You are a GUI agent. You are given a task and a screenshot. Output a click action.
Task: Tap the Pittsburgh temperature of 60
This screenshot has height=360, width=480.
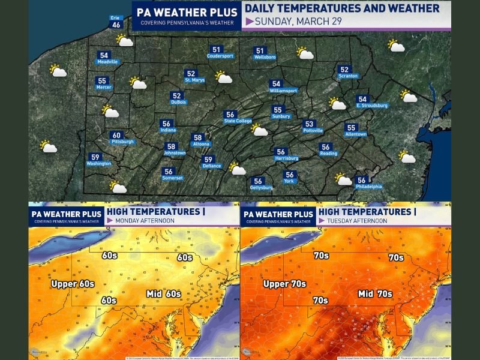click(x=116, y=136)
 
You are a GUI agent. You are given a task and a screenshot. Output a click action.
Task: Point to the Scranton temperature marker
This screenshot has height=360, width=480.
click(x=344, y=70)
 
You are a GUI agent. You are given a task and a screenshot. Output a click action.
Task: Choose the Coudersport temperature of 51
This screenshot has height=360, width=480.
click(x=216, y=50)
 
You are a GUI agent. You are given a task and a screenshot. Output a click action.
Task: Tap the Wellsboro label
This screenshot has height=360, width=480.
click(x=260, y=56)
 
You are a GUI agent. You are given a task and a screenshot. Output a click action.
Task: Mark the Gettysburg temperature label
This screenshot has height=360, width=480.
click(x=258, y=181)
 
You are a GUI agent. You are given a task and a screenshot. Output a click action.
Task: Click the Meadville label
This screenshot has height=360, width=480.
click(x=104, y=61)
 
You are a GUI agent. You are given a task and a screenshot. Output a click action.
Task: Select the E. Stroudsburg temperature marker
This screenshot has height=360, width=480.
click(x=362, y=100)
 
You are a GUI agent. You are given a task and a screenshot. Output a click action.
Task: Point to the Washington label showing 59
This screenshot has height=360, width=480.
click(x=95, y=157)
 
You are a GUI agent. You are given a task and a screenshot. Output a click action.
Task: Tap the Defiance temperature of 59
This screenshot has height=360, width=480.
click(x=208, y=160)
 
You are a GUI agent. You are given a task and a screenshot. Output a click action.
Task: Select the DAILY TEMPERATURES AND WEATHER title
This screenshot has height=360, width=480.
click(x=342, y=8)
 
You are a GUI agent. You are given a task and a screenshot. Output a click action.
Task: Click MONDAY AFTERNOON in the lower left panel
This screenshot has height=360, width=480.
click(x=141, y=221)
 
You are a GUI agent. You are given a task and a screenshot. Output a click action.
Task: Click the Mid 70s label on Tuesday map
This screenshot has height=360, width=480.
click(x=376, y=294)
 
